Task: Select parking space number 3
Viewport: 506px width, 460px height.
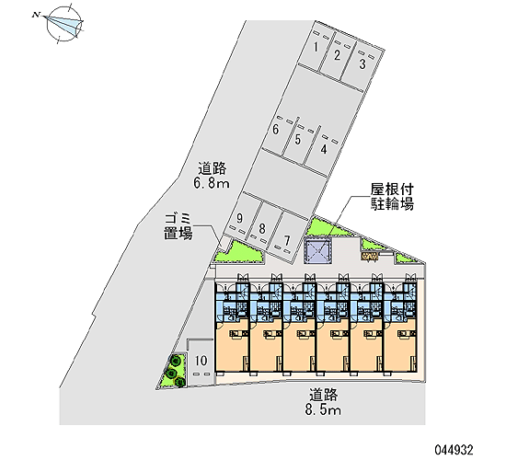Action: pyautogui.click(x=338, y=55)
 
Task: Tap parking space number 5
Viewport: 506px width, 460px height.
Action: pyautogui.click(x=362, y=63)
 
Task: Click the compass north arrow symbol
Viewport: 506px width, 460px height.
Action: pyautogui.click(x=63, y=24)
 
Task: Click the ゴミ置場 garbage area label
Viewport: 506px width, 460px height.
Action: pyautogui.click(x=178, y=226)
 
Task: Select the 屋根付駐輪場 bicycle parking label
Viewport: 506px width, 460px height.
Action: pyautogui.click(x=392, y=197)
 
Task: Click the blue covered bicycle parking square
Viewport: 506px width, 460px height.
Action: pyautogui.click(x=317, y=251)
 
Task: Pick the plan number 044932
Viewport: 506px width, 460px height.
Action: pyautogui.click(x=454, y=449)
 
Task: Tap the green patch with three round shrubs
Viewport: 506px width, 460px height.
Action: pyautogui.click(x=174, y=371)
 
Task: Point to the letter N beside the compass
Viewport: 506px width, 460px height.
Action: pyautogui.click(x=36, y=15)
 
